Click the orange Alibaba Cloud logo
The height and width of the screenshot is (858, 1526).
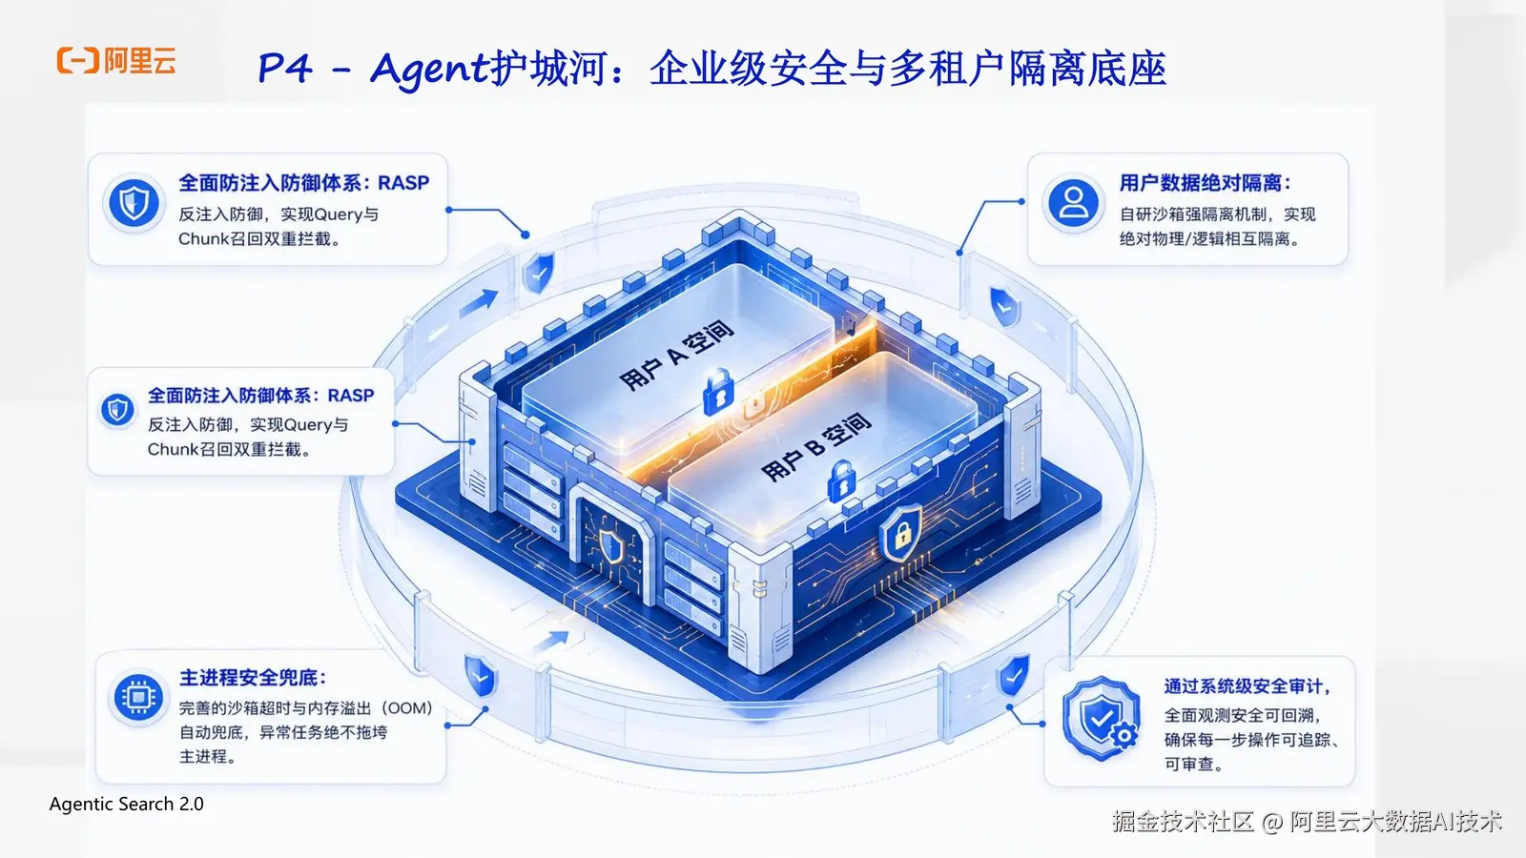click(116, 61)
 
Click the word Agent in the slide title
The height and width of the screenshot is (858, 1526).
click(430, 70)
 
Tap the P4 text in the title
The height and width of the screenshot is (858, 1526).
click(285, 68)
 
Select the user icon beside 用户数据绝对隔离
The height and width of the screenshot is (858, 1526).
click(1073, 203)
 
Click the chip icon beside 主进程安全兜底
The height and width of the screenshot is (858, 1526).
click(138, 697)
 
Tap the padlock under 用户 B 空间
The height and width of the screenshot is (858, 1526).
click(842, 481)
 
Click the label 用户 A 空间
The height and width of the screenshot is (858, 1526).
click(676, 355)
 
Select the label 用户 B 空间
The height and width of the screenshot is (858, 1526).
click(815, 447)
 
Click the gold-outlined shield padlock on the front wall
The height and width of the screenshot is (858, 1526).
click(902, 532)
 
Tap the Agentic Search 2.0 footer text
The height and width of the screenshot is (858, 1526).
click(127, 805)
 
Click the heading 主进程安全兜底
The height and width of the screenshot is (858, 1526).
click(253, 678)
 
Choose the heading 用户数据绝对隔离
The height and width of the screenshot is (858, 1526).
click(1206, 183)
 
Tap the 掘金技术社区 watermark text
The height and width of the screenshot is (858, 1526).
click(1183, 822)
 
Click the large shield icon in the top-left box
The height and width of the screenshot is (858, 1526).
click(134, 203)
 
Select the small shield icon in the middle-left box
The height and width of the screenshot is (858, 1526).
click(117, 410)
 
